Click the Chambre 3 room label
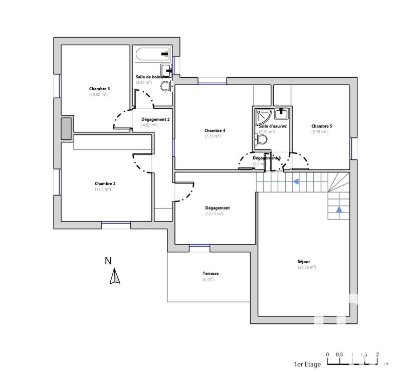point(99,89)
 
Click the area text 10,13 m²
point(214,214)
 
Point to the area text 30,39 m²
point(306,268)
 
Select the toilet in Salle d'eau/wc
point(262,139)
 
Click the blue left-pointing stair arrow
point(297,181)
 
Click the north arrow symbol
point(115,276)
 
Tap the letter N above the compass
point(108,260)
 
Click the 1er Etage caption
point(307,364)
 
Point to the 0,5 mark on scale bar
point(339,354)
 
